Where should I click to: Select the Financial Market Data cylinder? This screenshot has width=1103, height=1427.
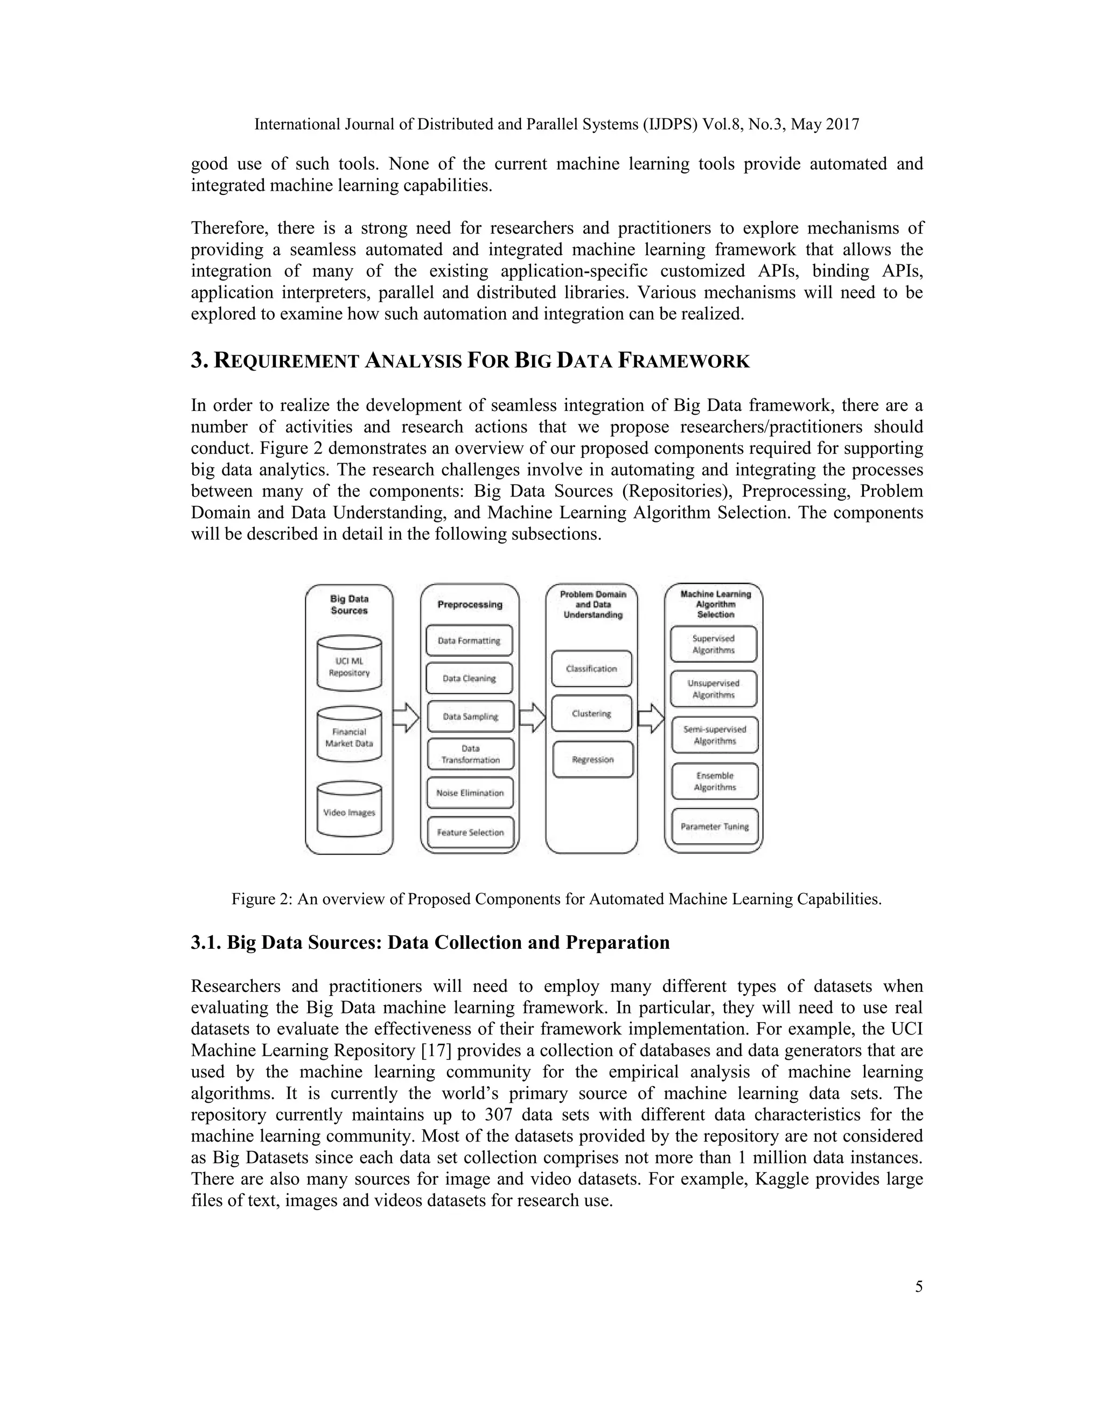pyautogui.click(x=350, y=735)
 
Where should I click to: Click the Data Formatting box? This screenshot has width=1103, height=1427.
pyautogui.click(x=469, y=640)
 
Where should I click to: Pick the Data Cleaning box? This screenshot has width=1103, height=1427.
pyautogui.click(x=469, y=678)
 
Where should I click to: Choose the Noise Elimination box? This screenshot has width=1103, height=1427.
pyautogui.click(x=470, y=793)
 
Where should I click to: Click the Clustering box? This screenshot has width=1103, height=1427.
pyautogui.click(x=591, y=713)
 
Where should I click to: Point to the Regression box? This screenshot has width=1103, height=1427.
pyautogui.click(x=592, y=759)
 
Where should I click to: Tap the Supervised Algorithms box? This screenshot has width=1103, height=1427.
pyautogui.click(x=714, y=644)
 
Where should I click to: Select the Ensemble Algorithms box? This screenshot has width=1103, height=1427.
pyautogui.click(x=715, y=781)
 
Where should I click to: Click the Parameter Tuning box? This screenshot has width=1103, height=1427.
pyautogui.click(x=715, y=827)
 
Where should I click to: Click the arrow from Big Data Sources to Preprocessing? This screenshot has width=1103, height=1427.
pyautogui.click(x=406, y=718)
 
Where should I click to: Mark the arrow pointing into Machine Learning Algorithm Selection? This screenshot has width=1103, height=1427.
pyautogui.click(x=651, y=718)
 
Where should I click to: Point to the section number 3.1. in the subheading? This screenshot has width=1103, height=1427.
pyautogui.click(x=206, y=943)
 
